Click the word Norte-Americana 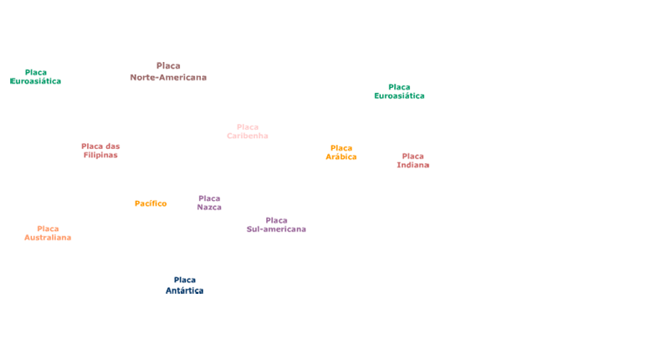168,77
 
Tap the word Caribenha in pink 248,136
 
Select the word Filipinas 100,155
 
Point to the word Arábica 341,157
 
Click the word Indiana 413,165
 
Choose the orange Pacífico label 151,203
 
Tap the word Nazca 209,208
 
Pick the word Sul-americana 276,229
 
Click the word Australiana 48,238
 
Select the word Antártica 184,291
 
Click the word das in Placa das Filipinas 112,146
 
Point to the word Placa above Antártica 184,280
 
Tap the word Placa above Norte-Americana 168,65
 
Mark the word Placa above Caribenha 248,127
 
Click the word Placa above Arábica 341,147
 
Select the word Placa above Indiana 413,156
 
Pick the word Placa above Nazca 209,198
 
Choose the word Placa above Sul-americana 276,220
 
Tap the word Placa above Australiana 48,229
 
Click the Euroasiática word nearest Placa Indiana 399,95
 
